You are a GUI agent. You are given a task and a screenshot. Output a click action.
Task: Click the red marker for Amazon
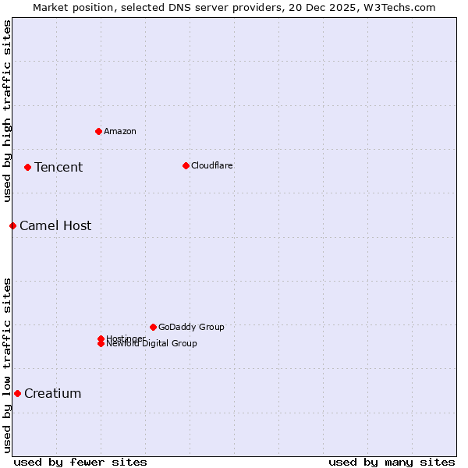(98, 131)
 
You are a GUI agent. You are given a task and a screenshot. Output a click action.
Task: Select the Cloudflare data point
(186, 165)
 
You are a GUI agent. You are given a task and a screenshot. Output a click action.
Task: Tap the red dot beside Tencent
(27, 167)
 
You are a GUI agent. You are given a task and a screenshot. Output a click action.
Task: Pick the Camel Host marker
(12, 225)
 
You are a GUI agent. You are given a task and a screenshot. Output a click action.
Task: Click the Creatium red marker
(17, 393)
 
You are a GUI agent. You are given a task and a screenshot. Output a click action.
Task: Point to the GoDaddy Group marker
(153, 327)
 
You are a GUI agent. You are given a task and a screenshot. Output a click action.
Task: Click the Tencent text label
(58, 167)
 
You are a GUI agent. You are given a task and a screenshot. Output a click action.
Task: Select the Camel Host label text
(55, 225)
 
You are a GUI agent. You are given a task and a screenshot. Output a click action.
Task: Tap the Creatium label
(53, 393)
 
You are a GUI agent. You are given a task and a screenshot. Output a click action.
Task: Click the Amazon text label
(120, 131)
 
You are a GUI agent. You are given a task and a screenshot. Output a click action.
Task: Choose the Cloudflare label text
(212, 165)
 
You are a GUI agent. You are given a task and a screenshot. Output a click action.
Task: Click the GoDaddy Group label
(191, 327)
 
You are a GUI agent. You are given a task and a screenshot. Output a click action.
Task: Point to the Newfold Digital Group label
(152, 344)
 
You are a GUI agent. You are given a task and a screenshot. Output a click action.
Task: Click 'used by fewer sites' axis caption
(80, 462)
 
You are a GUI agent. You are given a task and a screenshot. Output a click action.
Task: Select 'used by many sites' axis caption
(392, 462)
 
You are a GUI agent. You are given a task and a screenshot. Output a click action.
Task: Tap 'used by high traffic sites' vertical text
(8, 111)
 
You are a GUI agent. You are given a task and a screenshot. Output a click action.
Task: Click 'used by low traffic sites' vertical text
(8, 365)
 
